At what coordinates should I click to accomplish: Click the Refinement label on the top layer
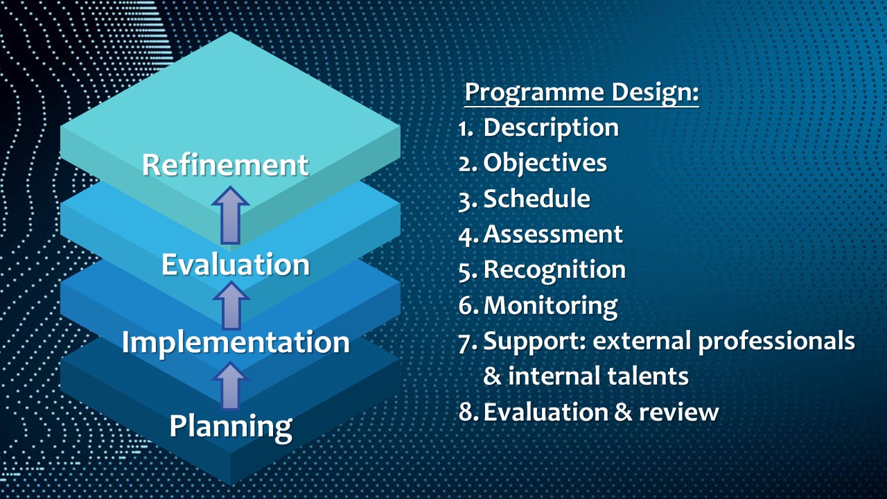tap(225, 165)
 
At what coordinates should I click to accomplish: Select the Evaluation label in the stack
tap(236, 265)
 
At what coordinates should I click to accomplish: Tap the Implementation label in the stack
tap(236, 342)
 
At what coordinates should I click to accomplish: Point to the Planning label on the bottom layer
tap(231, 426)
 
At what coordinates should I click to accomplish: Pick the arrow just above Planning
tap(231, 386)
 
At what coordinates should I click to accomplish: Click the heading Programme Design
tap(581, 92)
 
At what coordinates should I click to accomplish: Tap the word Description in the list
tap(551, 128)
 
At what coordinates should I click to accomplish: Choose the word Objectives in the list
tap(545, 163)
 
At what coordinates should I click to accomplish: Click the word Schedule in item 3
tap(536, 199)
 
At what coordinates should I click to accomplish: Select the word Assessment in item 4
tap(553, 234)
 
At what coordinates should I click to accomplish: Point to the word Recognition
tap(554, 270)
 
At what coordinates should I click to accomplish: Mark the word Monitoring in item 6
tap(550, 305)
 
